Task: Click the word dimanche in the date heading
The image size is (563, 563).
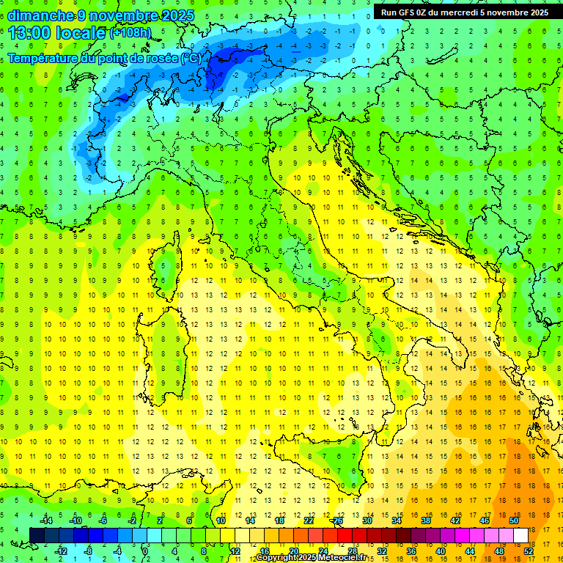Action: click(x=41, y=15)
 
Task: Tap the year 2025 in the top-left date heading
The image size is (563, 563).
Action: click(x=177, y=15)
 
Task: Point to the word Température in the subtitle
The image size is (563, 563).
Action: click(x=46, y=58)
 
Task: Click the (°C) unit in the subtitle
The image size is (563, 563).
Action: click(x=190, y=58)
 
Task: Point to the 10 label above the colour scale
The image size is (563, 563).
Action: click(x=221, y=520)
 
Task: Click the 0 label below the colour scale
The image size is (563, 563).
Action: click(x=145, y=551)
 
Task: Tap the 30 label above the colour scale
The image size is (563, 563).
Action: click(x=367, y=520)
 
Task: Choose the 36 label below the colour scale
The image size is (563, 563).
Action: click(x=411, y=551)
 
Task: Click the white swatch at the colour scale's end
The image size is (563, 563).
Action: click(x=521, y=535)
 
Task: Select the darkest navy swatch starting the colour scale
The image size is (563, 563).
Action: click(x=37, y=535)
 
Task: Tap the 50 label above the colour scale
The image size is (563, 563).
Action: click(x=514, y=520)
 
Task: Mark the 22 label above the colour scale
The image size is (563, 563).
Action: click(x=309, y=520)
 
